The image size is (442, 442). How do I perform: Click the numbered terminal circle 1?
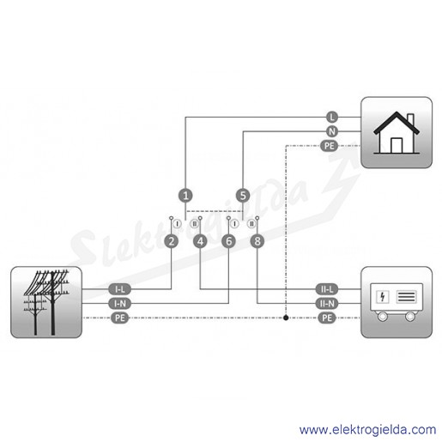pyautogui.click(x=185, y=196)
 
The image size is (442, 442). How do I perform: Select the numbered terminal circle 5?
pyautogui.click(x=243, y=196)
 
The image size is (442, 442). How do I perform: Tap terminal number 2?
pyautogui.click(x=172, y=241)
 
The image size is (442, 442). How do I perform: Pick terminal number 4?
pyautogui.click(x=200, y=241)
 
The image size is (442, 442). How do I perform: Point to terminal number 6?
pyautogui.click(x=229, y=241)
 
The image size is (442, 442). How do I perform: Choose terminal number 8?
pyautogui.click(x=257, y=241)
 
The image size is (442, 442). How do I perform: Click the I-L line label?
pyautogui.click(x=120, y=289)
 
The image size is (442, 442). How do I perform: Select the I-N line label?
pyautogui.click(x=120, y=303)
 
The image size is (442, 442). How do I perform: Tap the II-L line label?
pyautogui.click(x=327, y=289)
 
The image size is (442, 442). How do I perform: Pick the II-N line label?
pyautogui.click(x=327, y=303)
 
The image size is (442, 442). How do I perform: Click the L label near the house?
pyautogui.click(x=332, y=117)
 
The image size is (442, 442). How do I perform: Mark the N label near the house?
pyautogui.click(x=332, y=131)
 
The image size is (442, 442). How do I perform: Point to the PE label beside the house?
pyautogui.click(x=329, y=146)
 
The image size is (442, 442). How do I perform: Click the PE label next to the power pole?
pyautogui.click(x=120, y=318)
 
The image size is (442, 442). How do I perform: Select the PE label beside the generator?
pyautogui.click(x=327, y=318)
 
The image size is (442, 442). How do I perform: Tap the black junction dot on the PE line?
pyautogui.click(x=286, y=318)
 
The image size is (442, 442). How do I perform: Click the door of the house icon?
pyautogui.click(x=397, y=146)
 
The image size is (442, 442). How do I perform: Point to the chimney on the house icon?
pyautogui.click(x=410, y=120)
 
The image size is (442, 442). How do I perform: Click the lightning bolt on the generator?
pyautogui.click(x=382, y=297)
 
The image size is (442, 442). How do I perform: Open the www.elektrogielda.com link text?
pyautogui.click(x=367, y=430)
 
